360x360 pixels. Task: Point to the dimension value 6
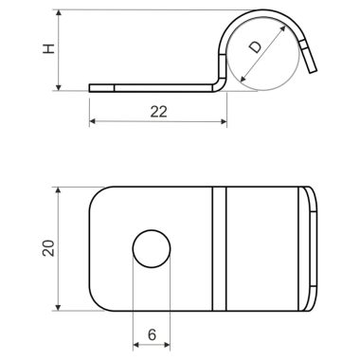point(151,334)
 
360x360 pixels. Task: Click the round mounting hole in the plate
point(151,249)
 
